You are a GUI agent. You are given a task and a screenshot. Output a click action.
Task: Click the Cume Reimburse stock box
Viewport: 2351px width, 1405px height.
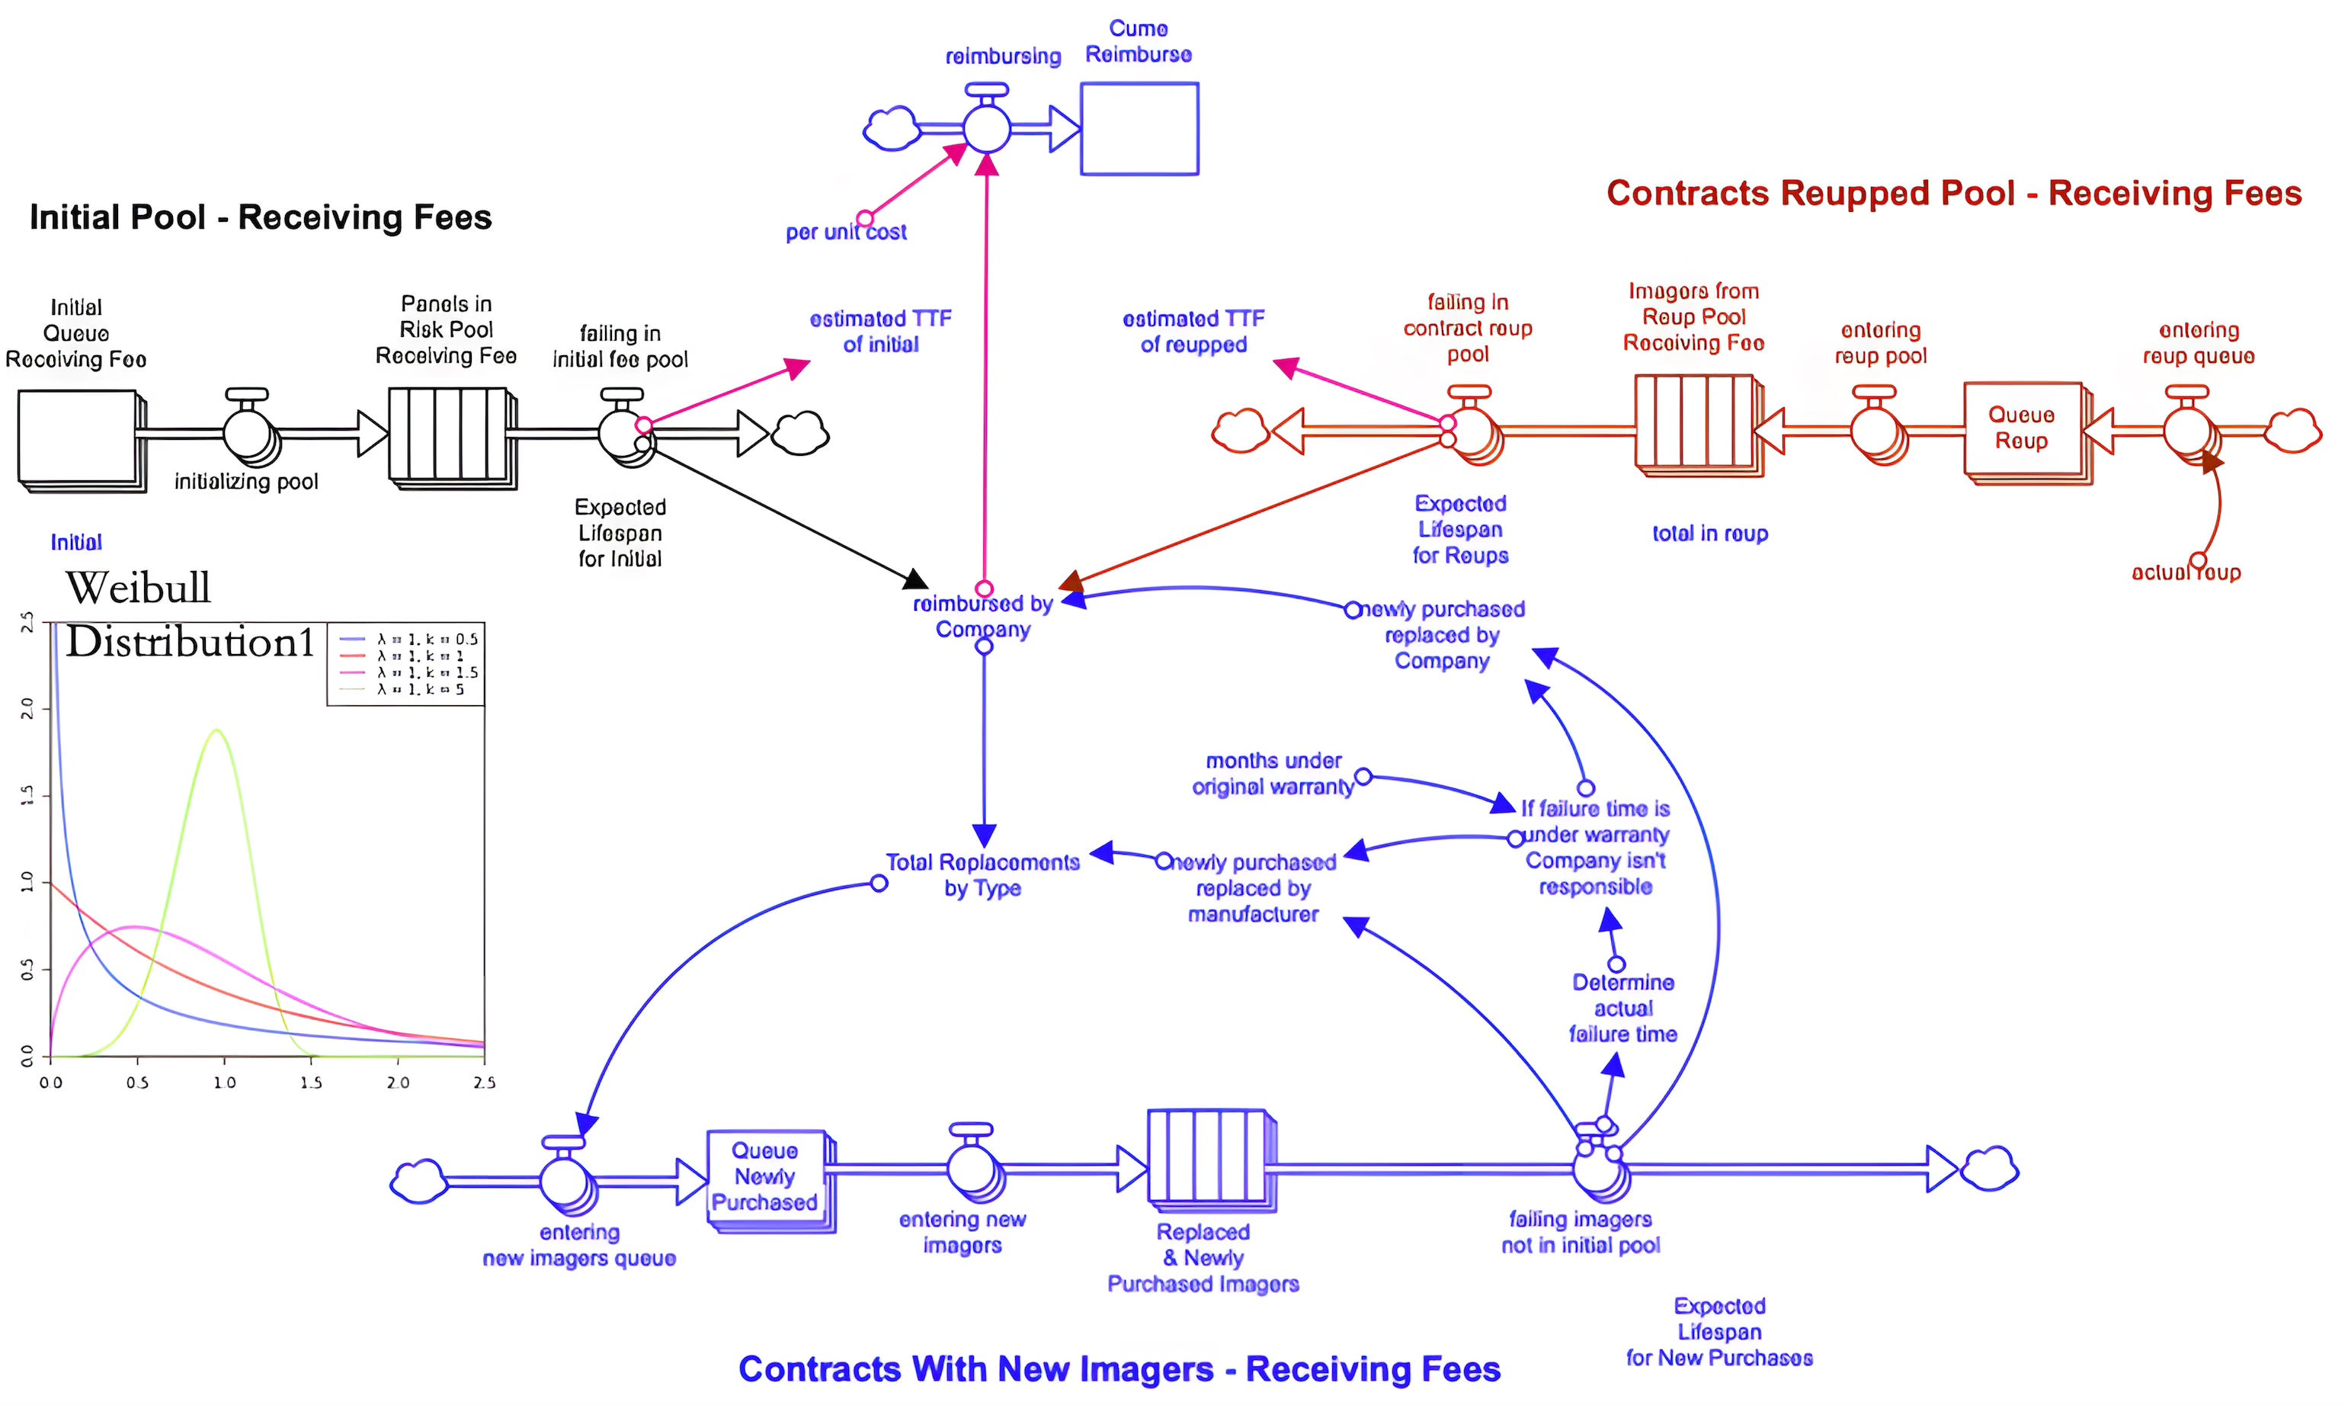pyautogui.click(x=1139, y=129)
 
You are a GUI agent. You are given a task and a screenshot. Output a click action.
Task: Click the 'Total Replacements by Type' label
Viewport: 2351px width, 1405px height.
pyautogui.click(x=982, y=875)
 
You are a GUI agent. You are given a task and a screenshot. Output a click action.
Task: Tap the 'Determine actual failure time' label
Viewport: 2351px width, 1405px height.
pyautogui.click(x=1623, y=1009)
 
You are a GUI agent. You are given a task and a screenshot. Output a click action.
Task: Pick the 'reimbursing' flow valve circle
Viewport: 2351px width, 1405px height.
pyautogui.click(x=987, y=128)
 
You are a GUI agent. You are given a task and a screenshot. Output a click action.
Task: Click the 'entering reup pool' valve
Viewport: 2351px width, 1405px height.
pyautogui.click(x=1875, y=431)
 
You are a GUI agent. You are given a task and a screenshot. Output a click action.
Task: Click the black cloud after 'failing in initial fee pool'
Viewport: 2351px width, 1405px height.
pyautogui.click(x=801, y=434)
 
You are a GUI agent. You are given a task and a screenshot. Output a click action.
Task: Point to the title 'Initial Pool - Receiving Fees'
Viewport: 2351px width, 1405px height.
pyautogui.click(x=261, y=217)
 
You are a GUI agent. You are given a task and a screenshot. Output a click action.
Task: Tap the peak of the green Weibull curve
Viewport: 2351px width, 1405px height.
pyautogui.click(x=218, y=730)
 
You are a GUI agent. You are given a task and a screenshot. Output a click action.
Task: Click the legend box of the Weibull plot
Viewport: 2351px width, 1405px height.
pyautogui.click(x=406, y=664)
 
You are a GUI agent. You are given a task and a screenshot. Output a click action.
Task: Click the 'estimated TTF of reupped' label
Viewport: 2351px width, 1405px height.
pyautogui.click(x=1193, y=332)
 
